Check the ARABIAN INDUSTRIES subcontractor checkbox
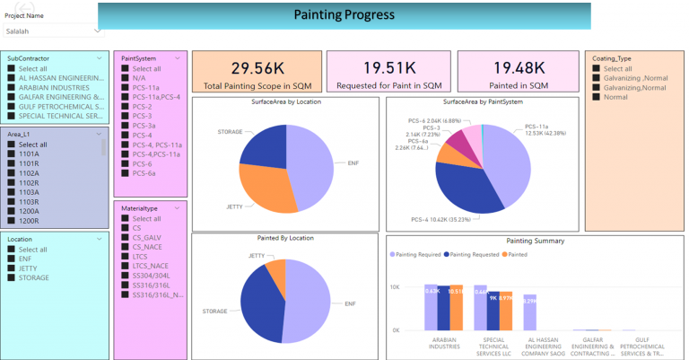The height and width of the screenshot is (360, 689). click(x=12, y=88)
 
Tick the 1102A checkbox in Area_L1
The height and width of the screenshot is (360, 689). click(x=12, y=173)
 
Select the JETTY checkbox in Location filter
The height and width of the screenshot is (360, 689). click(x=12, y=268)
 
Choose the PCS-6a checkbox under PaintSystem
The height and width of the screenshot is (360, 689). click(x=126, y=173)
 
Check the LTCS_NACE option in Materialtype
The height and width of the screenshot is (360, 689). click(x=126, y=266)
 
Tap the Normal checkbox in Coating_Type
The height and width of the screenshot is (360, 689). click(x=596, y=97)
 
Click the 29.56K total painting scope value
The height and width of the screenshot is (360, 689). click(x=257, y=67)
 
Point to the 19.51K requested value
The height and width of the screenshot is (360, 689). click(x=389, y=67)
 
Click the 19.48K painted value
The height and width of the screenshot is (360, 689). click(x=520, y=67)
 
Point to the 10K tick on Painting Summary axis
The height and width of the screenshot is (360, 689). click(x=393, y=287)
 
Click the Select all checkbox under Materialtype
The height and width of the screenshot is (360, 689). click(x=126, y=218)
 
